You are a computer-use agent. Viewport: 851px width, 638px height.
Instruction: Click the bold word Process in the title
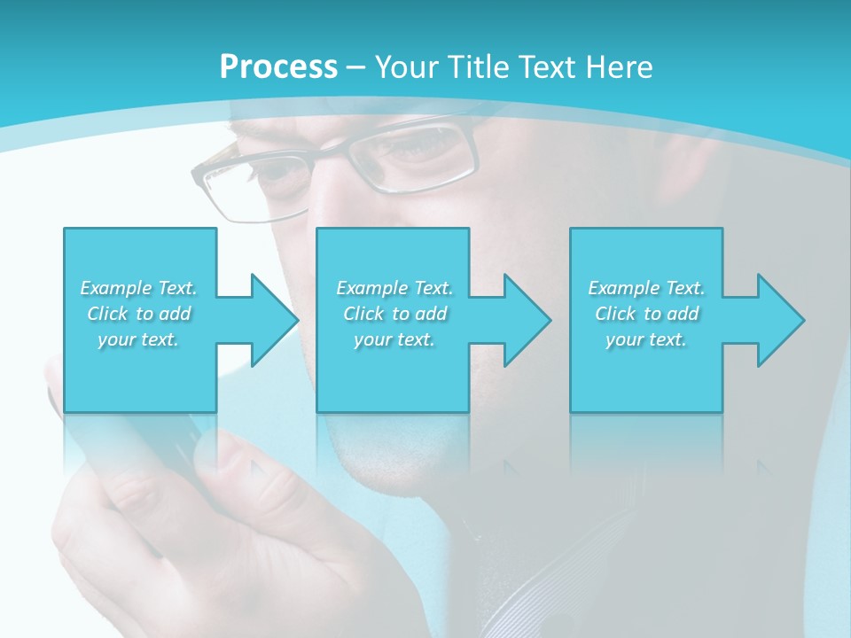[x=278, y=67]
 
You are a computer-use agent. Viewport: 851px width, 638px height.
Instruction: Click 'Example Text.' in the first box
[x=138, y=288]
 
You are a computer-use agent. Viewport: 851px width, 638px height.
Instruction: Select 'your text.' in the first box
[x=138, y=339]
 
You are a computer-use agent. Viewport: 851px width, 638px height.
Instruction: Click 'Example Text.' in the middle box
[x=394, y=288]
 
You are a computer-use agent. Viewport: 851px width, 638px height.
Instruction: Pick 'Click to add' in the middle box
[x=394, y=314]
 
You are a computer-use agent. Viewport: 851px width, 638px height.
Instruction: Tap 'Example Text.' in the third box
[x=646, y=288]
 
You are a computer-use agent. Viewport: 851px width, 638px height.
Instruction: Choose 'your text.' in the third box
[x=646, y=339]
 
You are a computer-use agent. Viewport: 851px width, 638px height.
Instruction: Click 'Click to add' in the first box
[x=138, y=314]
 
